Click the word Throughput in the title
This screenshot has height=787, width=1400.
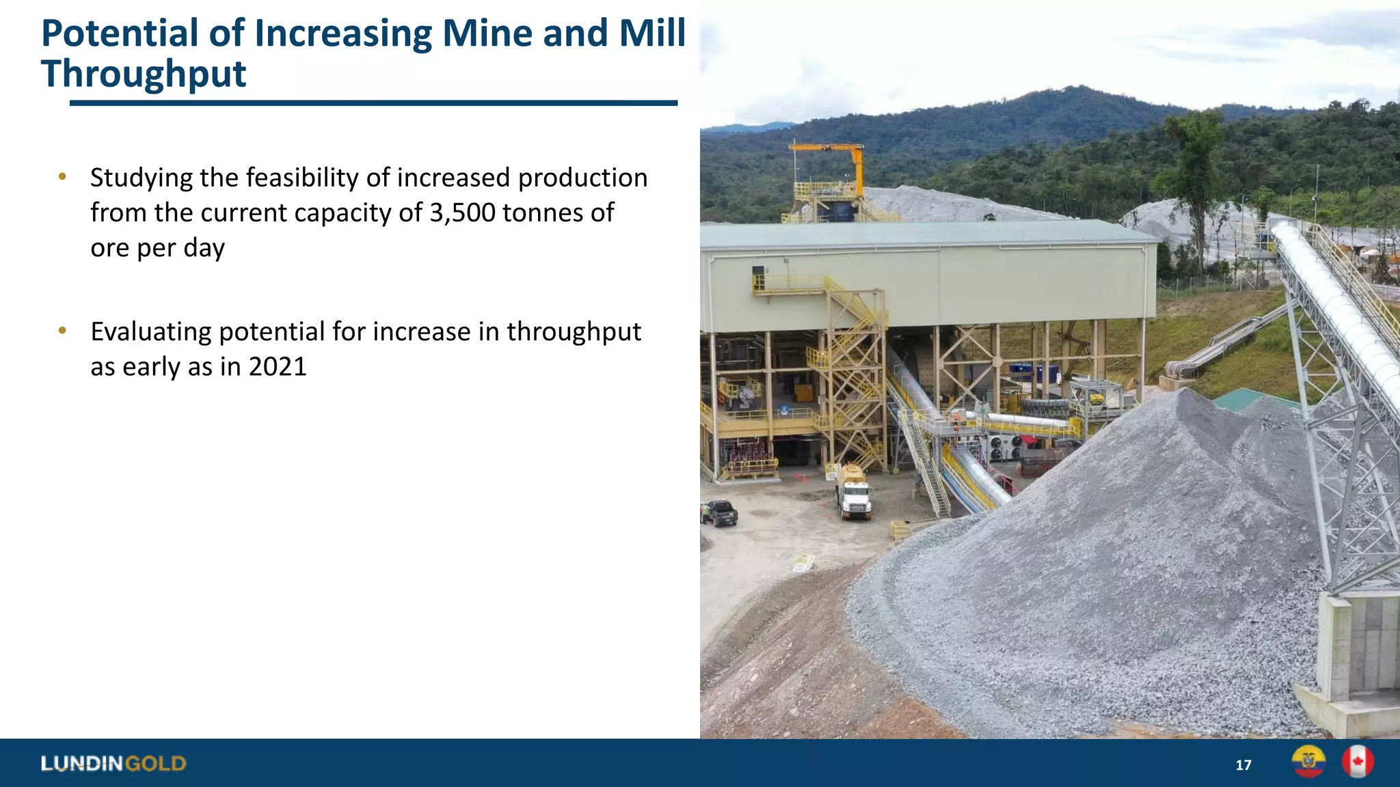144,74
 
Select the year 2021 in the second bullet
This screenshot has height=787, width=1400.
278,367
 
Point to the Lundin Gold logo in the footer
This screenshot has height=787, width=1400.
113,763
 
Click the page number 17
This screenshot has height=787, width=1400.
1243,765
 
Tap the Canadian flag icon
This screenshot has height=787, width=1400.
1357,762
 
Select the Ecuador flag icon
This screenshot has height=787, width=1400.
1308,762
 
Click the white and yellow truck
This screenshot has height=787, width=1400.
853,493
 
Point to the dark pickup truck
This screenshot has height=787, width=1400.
719,512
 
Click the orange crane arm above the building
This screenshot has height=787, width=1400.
831,148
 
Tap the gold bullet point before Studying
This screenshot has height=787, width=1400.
63,177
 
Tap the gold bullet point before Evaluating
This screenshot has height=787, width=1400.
63,331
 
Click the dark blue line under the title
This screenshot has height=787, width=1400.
373,103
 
